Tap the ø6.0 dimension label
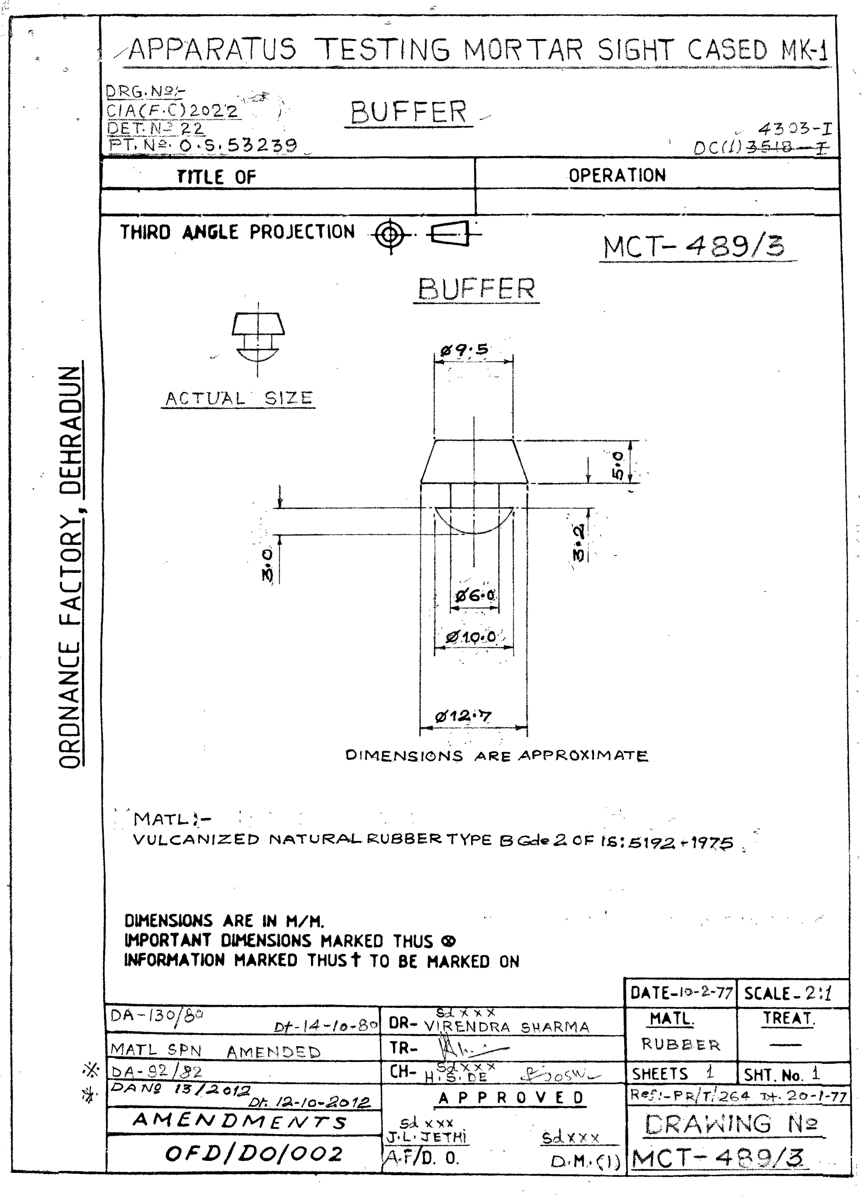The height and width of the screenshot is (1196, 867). (475, 596)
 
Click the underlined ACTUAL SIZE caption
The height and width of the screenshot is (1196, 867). (239, 399)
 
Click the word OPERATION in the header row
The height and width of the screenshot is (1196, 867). (617, 176)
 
